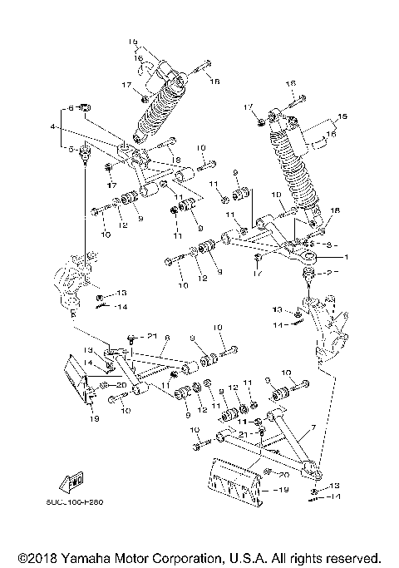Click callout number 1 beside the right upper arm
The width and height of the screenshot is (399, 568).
336,257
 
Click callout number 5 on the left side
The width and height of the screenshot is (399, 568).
71,150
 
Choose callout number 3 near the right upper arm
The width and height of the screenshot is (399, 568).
329,244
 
